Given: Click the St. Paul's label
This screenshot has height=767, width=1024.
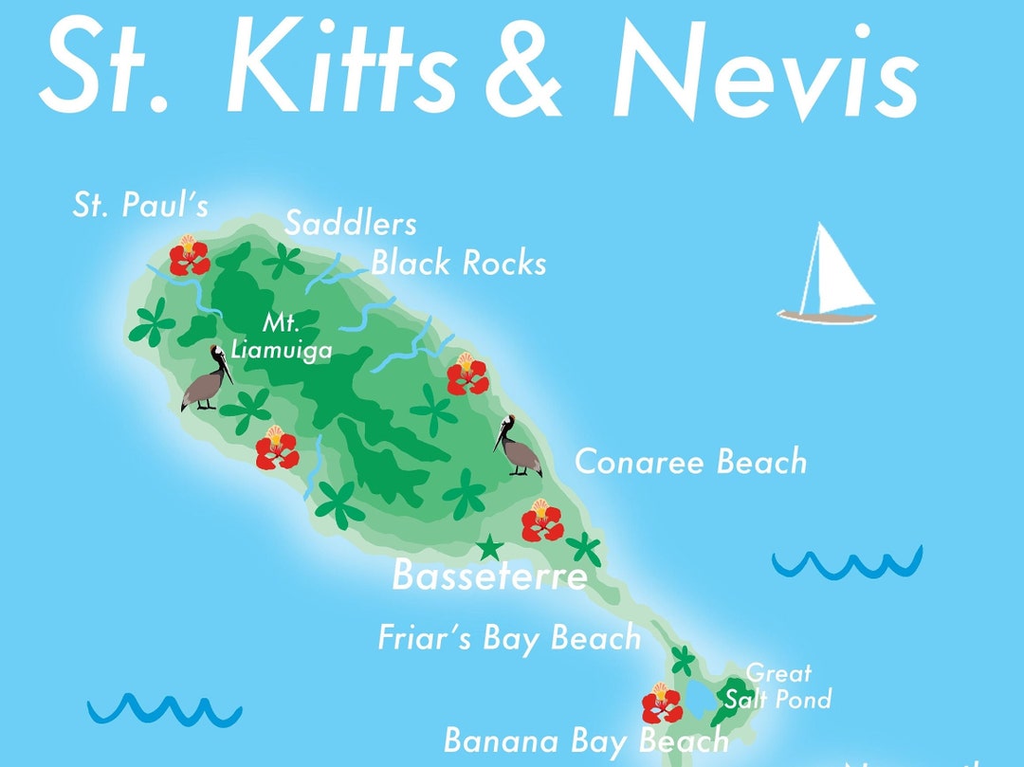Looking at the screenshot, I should coord(139,206).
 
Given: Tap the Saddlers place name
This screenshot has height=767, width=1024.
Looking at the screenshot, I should coord(350,224).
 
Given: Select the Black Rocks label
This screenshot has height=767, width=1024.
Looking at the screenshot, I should coord(458,263).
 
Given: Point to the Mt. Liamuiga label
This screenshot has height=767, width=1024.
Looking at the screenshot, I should coord(282,337).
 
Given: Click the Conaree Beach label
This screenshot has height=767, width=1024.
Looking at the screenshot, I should coord(690,462).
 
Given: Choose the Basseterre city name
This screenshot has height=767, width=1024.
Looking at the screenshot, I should coord(489,575).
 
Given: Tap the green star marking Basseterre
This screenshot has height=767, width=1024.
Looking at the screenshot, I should coord(489,548).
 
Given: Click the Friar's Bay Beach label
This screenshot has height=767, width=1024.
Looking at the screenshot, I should coord(509,637).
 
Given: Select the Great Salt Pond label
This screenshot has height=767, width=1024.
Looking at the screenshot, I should coord(778,686).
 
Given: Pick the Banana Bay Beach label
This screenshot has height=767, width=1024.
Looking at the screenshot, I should coord(586,740).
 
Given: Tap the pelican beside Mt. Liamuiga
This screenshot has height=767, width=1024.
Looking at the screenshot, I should coord(208,378).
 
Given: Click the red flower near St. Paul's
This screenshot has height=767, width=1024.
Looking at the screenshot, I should coord(189,255).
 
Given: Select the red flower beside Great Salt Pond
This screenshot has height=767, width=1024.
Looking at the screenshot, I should coord(662,703).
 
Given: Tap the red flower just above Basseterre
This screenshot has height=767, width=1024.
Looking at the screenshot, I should coord(541,520).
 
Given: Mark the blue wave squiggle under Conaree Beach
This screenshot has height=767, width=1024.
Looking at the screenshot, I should coord(847,563).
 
